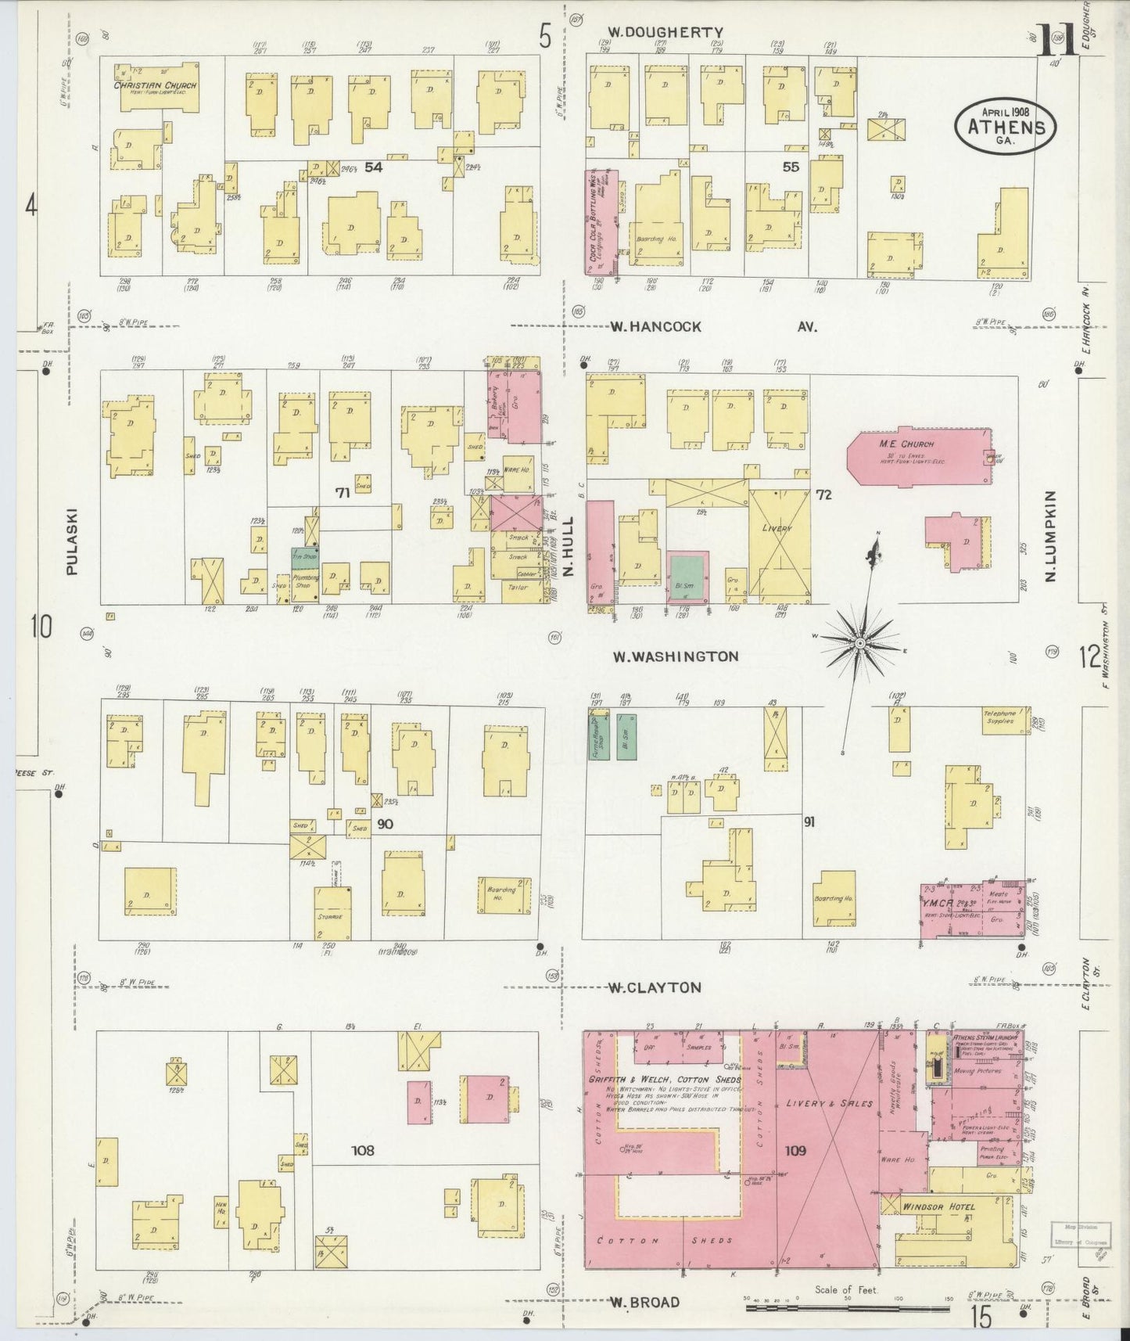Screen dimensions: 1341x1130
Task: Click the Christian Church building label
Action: click(155, 85)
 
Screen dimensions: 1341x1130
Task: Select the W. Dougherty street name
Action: click(665, 32)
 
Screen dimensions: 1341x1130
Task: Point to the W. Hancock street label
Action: click(655, 326)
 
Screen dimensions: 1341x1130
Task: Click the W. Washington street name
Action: click(674, 656)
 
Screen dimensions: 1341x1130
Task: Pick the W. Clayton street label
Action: click(655, 987)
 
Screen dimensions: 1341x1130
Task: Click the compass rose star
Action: click(859, 643)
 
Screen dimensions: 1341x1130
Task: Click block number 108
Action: click(363, 1150)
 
